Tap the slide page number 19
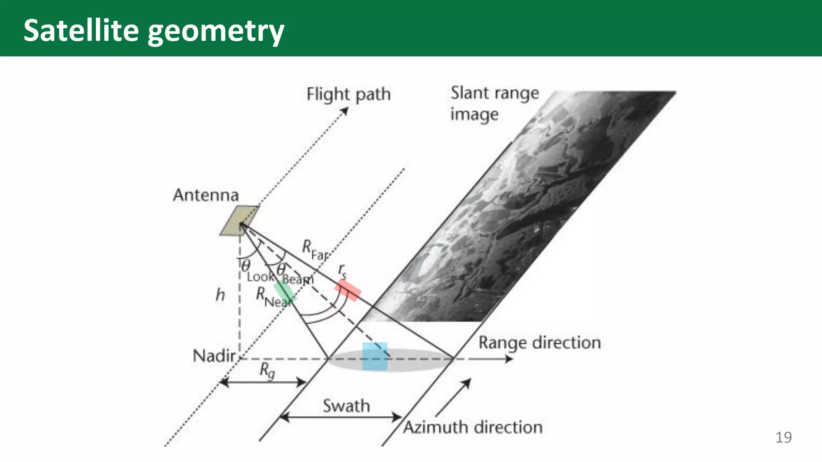point(783,437)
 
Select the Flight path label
point(348,95)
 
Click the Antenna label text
point(206,195)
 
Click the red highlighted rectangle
point(348,290)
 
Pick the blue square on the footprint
point(375,356)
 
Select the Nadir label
point(214,356)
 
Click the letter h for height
point(220,295)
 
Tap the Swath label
point(346,406)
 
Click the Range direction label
point(539,343)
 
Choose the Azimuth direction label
point(473,427)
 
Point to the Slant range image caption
point(494,103)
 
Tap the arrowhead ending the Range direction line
point(509,359)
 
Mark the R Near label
point(273,297)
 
